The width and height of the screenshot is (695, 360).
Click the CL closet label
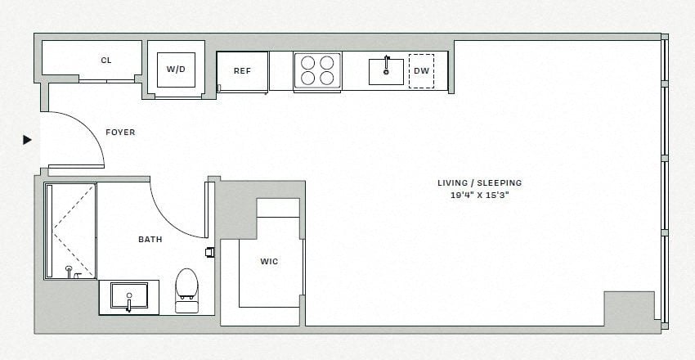106,61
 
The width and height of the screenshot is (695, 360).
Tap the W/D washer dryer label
176,70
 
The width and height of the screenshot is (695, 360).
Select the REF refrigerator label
242,71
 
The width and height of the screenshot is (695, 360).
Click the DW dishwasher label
421,71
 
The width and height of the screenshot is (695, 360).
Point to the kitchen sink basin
386,71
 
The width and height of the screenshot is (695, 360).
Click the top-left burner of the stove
309,62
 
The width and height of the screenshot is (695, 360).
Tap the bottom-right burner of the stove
327,79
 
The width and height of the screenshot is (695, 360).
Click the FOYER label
120,133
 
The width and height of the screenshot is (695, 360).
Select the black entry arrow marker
27,140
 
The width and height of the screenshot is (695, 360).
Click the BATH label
150,240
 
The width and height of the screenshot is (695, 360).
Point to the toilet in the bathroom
186,288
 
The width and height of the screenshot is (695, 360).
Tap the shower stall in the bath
70,231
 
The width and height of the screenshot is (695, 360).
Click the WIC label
268,262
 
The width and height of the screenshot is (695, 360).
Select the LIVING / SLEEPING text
479,183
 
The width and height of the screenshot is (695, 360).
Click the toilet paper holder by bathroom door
210,251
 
